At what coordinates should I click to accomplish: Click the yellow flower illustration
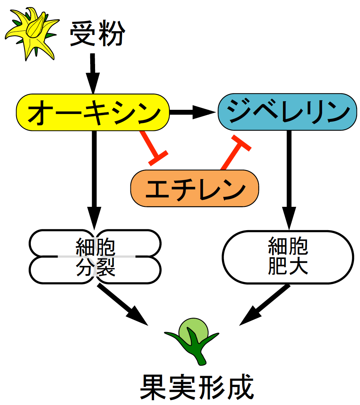32,34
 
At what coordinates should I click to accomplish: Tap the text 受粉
97,34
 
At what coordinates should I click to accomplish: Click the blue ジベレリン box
287,112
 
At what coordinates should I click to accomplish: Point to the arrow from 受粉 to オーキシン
93,73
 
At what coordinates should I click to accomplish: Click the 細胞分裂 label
95,258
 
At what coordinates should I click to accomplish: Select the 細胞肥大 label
288,256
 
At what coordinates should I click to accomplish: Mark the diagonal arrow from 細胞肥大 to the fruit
265,305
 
